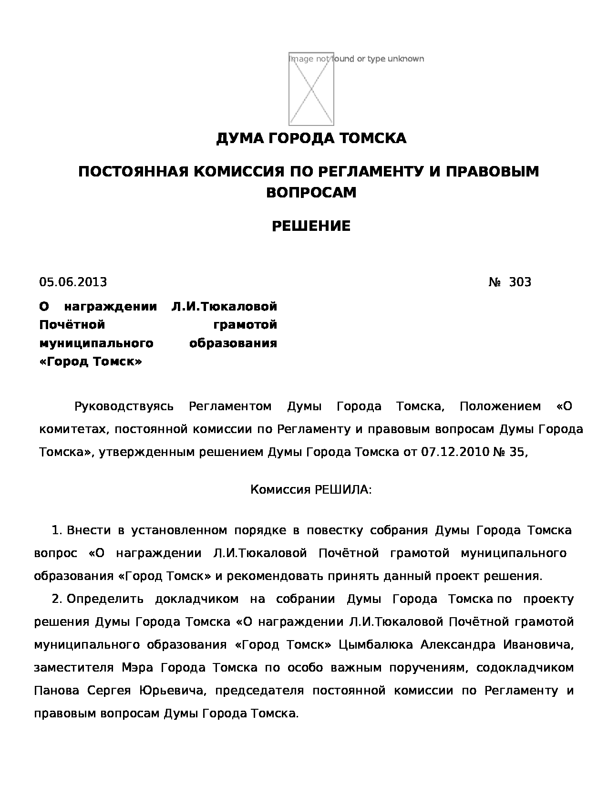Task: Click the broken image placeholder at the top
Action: click(311, 89)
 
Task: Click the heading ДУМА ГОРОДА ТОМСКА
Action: click(311, 138)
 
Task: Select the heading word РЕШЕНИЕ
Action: click(311, 226)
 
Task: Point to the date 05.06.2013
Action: click(73, 282)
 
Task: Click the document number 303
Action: click(520, 282)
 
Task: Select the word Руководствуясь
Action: click(124, 407)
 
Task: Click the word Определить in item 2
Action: click(105, 599)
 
